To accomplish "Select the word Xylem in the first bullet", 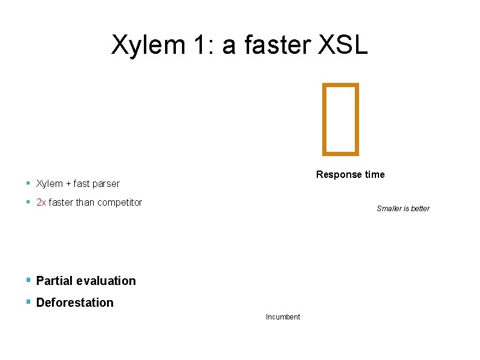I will [x=49, y=183].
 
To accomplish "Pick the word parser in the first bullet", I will [x=107, y=183].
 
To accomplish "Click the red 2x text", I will [x=41, y=203].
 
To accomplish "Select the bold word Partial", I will [x=55, y=281].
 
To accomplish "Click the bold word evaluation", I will [x=106, y=281].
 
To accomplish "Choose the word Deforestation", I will [x=75, y=303].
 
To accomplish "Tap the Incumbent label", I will [x=283, y=317].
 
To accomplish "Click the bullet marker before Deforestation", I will [x=28, y=302].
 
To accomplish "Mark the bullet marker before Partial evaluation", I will [x=28, y=280].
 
